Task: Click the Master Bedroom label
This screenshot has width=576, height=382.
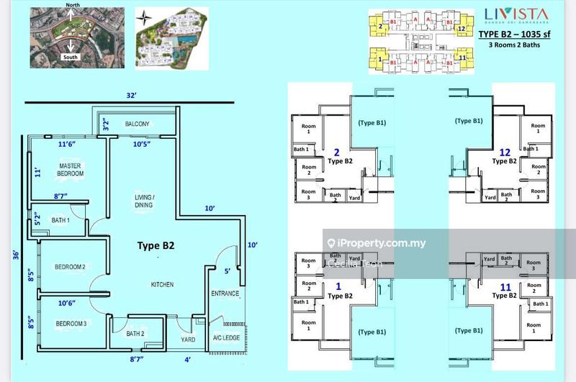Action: coord(71,170)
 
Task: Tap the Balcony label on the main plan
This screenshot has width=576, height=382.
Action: coord(137,124)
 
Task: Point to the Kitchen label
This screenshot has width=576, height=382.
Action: coord(162,285)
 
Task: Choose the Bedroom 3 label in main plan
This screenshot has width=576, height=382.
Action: coord(71,324)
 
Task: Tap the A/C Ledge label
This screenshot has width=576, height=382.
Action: coord(225,339)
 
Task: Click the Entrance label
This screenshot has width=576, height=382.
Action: coord(225,294)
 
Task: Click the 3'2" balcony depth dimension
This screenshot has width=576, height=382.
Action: coord(105,124)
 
